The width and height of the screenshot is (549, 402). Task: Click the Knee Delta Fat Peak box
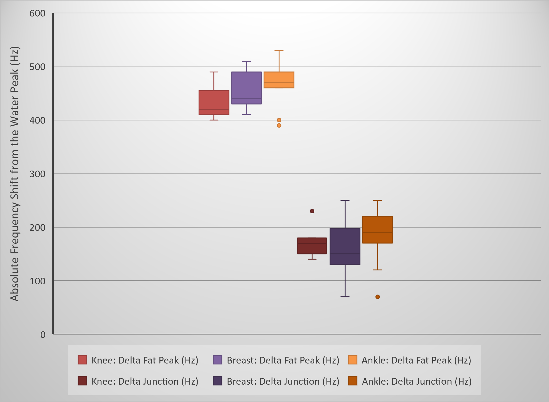214,103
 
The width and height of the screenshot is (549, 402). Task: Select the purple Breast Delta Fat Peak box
246,88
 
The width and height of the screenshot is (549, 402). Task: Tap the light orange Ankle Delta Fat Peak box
279,80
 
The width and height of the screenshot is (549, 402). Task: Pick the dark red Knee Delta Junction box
312,246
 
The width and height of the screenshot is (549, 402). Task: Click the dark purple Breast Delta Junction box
345,246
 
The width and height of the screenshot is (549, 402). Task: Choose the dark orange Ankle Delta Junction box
377,230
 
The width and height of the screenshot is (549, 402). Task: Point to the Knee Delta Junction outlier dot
312,211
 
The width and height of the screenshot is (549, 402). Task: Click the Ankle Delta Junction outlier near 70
378,297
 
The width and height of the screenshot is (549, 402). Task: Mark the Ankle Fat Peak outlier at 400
279,120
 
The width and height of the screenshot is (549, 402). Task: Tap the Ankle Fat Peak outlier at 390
279,125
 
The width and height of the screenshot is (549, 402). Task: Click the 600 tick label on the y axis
37,13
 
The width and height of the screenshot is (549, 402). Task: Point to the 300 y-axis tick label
37,174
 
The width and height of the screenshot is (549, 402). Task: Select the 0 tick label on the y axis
43,334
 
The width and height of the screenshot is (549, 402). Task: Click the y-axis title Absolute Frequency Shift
15,174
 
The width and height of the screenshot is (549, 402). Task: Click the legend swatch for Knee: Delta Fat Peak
82,360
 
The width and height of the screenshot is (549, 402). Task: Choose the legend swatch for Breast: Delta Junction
217,381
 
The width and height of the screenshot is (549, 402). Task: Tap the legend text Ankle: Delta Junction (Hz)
416,381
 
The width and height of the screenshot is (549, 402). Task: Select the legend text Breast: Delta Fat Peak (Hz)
283,360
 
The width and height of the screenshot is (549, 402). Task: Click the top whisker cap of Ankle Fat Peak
279,51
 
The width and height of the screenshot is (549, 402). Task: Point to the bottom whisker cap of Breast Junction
345,297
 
